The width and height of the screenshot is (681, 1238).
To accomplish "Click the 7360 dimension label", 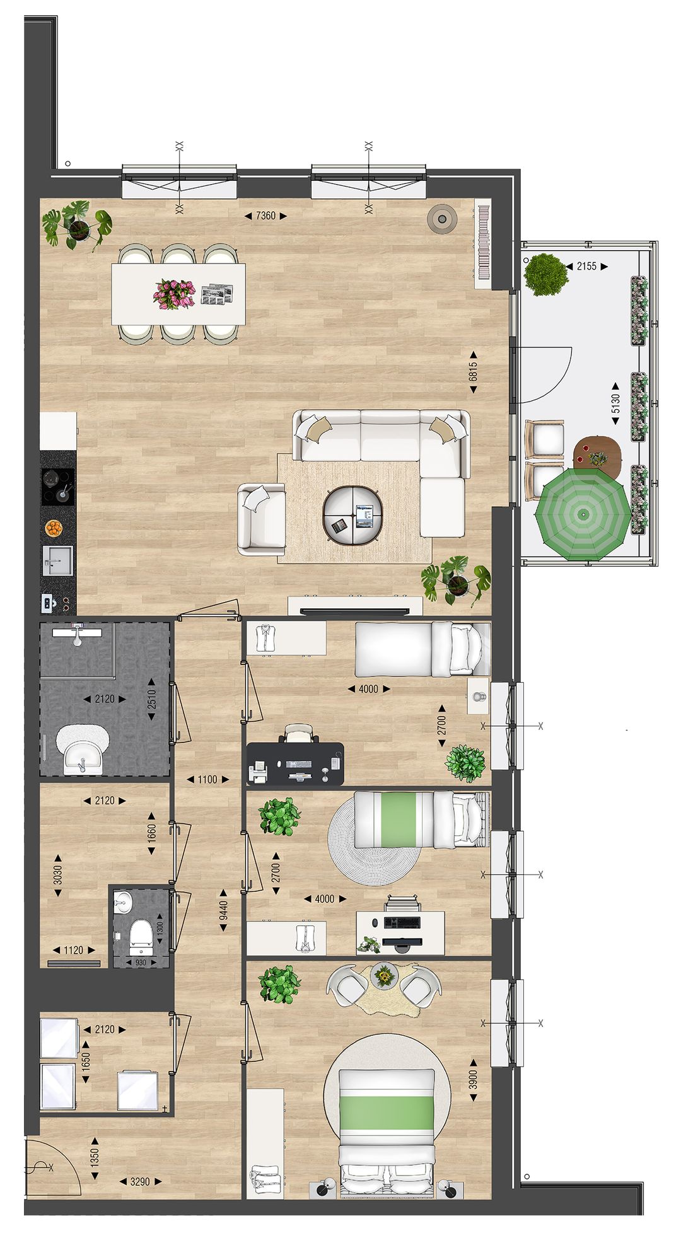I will pos(265,216).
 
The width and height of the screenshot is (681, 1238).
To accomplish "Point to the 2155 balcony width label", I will pos(586,267).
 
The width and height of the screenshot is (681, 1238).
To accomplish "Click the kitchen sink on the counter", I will pos(57,560).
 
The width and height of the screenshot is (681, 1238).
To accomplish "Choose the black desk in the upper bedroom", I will pos(295,764).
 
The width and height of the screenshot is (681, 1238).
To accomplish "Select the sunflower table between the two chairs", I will pos(383,977).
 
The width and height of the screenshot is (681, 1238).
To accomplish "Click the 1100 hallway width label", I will pos(207,780).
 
